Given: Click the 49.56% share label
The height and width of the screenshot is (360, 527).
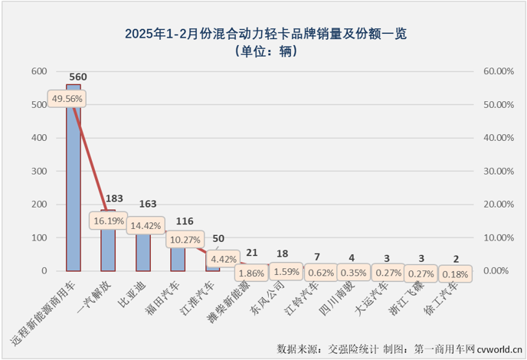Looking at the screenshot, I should coord(66,99).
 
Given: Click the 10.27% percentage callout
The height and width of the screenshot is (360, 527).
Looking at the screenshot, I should coord(185,240).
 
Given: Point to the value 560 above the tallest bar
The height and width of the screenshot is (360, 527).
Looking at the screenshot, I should coord(78,77).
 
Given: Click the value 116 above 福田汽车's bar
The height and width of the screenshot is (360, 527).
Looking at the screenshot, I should coord(183,221).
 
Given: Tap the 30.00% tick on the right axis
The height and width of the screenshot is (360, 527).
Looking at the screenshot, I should coord(498,171).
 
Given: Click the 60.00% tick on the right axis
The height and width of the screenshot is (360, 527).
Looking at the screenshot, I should coord(498,71).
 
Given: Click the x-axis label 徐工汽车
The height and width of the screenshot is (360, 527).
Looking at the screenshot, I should coord(446,296).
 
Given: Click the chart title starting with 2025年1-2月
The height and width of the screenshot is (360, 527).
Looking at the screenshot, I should coord(263,34).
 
